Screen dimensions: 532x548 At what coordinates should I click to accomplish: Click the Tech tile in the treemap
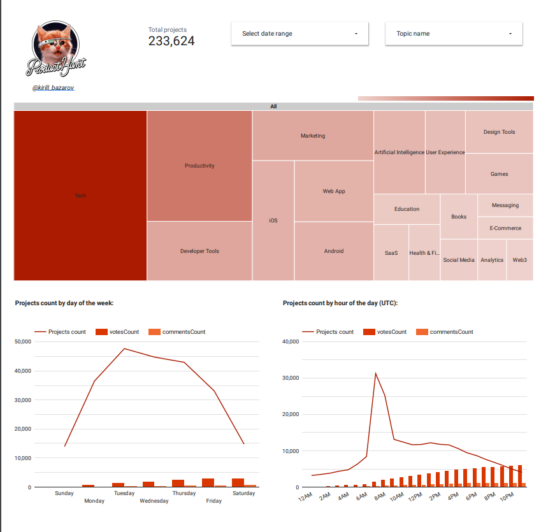[x=80, y=196]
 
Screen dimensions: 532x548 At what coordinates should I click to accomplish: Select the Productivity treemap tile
[x=199, y=166]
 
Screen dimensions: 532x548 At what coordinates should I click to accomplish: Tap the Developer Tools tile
[x=199, y=251]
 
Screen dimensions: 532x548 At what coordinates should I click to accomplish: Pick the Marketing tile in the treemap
[x=313, y=136]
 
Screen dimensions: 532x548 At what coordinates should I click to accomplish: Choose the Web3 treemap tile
[x=520, y=260]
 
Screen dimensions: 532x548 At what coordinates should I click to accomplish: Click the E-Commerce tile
[x=505, y=228]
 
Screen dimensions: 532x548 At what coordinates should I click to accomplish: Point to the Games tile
[x=499, y=174]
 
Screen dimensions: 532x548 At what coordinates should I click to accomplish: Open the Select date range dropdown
[x=299, y=34]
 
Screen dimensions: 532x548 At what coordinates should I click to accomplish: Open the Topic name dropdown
[x=454, y=34]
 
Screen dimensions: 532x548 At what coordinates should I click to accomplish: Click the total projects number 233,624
[x=171, y=41]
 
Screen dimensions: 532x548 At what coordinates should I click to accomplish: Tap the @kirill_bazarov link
[x=53, y=87]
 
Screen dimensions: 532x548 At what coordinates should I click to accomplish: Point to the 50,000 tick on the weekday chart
[x=22, y=342]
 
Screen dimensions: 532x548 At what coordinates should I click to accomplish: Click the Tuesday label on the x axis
[x=124, y=493]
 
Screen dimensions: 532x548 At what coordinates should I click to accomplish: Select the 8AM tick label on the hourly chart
[x=379, y=497]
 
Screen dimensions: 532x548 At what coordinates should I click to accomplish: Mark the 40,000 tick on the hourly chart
[x=290, y=342]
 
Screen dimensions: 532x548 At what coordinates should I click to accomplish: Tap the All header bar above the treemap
[x=273, y=106]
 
